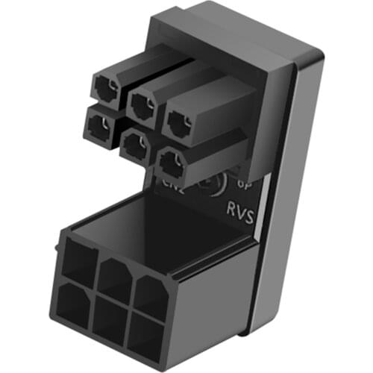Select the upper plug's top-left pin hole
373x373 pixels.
104,89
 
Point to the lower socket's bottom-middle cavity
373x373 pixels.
109,319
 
